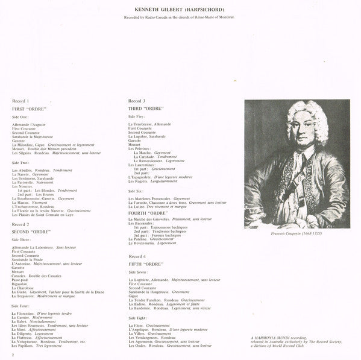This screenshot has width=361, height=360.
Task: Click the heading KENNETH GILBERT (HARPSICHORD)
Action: [x=181, y=10]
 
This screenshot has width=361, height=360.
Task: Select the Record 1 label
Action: [x=20, y=99]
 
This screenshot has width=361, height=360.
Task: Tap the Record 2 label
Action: [x=20, y=224]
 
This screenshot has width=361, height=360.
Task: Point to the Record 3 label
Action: [x=137, y=99]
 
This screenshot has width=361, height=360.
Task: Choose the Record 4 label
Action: [x=137, y=257]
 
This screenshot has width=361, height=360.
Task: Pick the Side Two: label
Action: [x=20, y=162]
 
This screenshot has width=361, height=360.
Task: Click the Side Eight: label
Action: [x=138, y=317]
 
